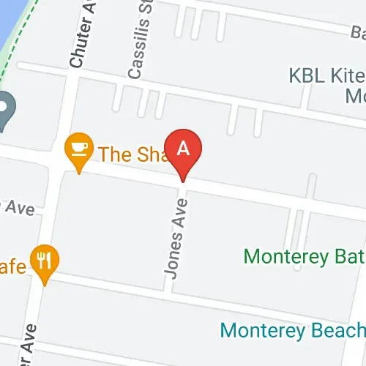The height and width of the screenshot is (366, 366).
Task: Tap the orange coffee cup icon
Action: pos(78,149)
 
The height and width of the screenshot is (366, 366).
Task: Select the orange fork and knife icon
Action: pos(46,259)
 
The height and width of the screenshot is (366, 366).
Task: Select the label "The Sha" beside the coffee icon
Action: pos(127,154)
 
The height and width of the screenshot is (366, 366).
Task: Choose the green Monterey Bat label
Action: pos(304,257)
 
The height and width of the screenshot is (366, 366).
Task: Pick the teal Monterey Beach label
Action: pos(293,330)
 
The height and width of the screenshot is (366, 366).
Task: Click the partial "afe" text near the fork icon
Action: pos(15,265)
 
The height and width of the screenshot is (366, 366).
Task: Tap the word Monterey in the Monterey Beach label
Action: pos(258,330)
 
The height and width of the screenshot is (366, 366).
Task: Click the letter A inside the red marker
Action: pos(184,147)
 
